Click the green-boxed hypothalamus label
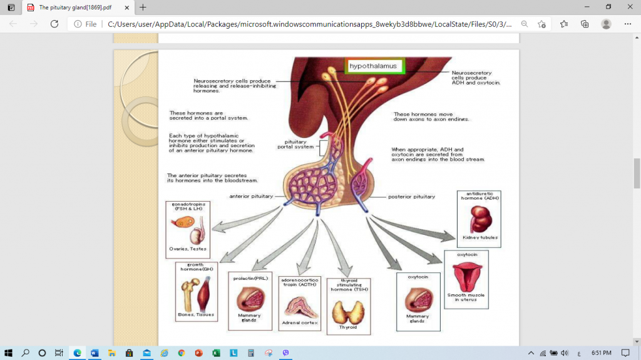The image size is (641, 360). (375, 66)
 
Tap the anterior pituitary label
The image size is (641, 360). (251, 196)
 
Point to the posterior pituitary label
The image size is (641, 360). (411, 196)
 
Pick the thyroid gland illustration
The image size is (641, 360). (348, 311)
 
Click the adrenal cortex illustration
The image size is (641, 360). (300, 306)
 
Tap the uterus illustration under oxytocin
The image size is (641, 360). (466, 276)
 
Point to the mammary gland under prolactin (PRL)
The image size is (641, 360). (250, 300)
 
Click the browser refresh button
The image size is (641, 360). (54, 24)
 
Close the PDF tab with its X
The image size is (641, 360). (127, 8)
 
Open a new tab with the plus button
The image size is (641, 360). (143, 8)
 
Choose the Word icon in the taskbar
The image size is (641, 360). (95, 352)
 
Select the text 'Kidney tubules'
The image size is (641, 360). (479, 238)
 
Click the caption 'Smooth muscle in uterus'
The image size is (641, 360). (466, 297)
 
